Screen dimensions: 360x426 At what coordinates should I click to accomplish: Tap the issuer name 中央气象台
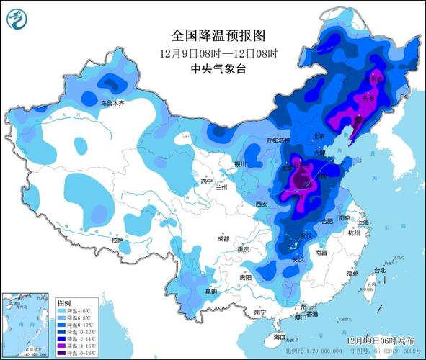click(210, 68)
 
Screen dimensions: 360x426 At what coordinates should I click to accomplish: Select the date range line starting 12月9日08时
click(210, 53)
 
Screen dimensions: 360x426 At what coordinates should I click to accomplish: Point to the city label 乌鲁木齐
click(112, 104)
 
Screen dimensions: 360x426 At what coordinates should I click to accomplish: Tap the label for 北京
click(319, 136)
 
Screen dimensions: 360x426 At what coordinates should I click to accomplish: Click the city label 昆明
click(210, 292)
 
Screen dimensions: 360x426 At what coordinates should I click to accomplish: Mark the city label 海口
click(280, 337)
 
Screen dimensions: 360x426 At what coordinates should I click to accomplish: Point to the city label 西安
click(261, 204)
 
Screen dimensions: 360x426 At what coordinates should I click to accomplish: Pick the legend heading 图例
click(64, 302)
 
